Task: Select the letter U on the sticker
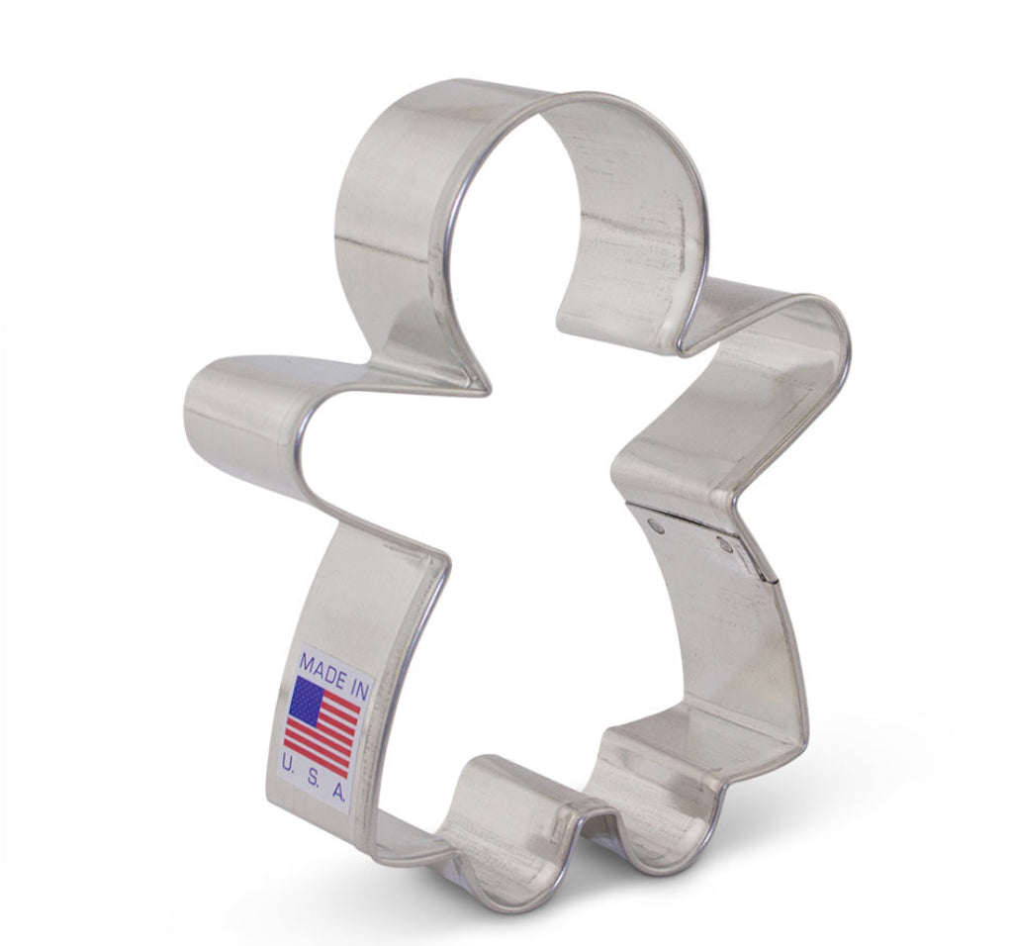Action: [288, 764]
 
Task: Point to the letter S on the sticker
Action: [312, 777]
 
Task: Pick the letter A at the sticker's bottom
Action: [338, 792]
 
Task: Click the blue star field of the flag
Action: [306, 699]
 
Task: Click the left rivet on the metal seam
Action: [657, 527]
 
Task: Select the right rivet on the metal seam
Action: [726, 547]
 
